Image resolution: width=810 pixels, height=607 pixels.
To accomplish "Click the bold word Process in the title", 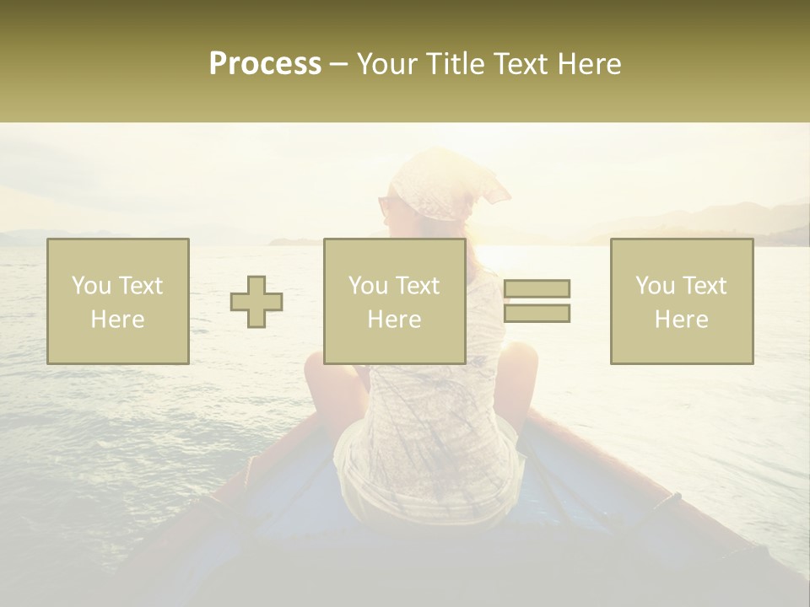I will point(265,64).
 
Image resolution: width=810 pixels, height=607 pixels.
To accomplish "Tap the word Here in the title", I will point(589,64).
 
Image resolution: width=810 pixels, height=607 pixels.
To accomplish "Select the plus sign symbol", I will point(257,302).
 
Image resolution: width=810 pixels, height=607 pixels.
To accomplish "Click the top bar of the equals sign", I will point(537,288).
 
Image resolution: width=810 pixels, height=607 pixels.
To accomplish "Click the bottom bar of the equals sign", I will point(537,313).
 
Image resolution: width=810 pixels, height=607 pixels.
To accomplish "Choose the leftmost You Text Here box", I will point(118,302).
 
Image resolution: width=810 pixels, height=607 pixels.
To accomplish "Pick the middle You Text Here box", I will point(395,302).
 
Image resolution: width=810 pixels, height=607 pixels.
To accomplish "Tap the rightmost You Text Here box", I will point(682,302).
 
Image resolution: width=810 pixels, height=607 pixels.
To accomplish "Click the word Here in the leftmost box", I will point(117,320).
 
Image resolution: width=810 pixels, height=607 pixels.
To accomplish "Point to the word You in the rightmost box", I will point(655,286).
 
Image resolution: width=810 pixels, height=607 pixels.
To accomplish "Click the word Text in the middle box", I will point(418,286).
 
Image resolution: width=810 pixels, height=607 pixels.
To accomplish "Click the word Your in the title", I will point(386,64).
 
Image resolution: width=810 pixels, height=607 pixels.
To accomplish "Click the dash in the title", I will point(339,64).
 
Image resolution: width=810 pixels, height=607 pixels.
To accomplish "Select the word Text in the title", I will point(521,64).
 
